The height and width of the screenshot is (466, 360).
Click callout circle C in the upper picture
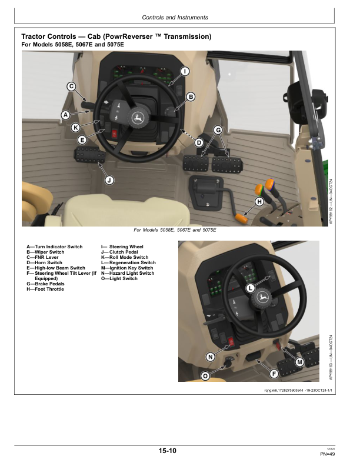[71, 86]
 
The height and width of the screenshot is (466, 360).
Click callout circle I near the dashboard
[184, 72]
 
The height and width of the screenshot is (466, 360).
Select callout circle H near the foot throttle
[258, 202]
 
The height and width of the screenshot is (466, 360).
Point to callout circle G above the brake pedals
[217, 129]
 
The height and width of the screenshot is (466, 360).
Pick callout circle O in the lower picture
[205, 375]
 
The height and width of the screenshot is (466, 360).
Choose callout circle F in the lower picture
[274, 374]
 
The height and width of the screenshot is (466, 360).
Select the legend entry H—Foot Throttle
[45, 289]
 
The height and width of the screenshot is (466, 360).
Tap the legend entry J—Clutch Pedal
[124, 252]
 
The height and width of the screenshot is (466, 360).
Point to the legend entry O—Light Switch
[119, 279]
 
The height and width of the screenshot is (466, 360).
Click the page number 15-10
[167, 451]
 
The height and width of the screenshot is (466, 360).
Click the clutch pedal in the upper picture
[90, 158]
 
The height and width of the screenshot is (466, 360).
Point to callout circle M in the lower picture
[299, 362]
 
